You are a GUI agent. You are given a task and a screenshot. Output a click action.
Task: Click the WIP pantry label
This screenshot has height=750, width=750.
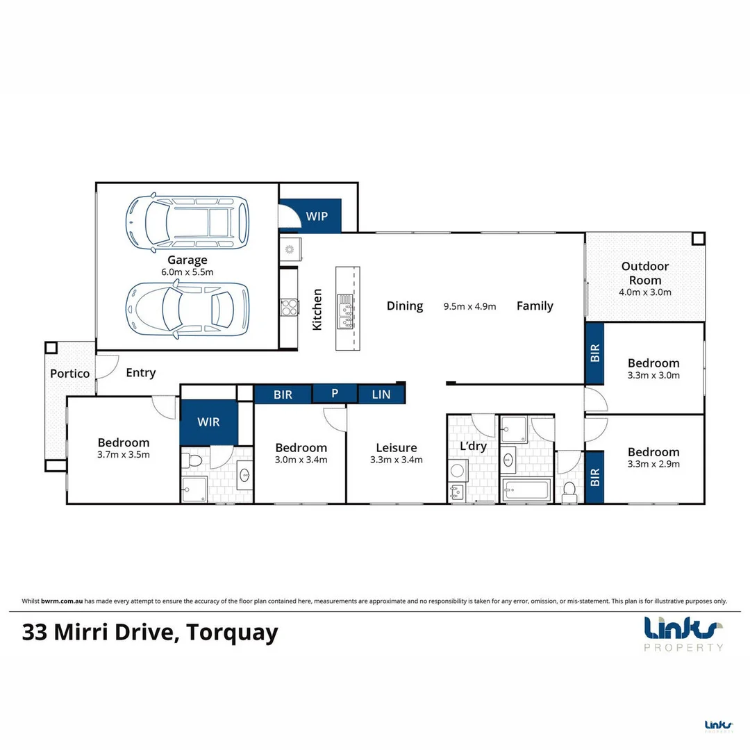click(x=317, y=216)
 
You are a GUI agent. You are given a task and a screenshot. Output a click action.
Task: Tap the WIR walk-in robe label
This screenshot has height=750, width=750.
click(x=208, y=422)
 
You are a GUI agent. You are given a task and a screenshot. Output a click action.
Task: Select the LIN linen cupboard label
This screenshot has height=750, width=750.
click(x=381, y=394)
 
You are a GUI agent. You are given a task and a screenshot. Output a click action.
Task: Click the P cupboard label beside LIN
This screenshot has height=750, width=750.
click(x=335, y=393)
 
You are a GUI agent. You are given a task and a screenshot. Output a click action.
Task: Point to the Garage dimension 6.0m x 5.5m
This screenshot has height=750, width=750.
click(x=187, y=272)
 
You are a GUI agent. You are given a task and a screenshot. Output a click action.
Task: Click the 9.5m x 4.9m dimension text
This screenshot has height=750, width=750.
click(x=469, y=307)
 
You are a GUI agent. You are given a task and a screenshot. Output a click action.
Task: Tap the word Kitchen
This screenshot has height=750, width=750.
click(x=317, y=310)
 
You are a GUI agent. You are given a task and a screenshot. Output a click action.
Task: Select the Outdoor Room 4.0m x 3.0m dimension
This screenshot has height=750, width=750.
click(x=644, y=292)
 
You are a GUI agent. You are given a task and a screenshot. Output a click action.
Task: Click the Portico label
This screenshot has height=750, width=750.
click(x=70, y=374)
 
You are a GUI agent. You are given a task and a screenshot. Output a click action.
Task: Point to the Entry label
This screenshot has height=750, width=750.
click(x=140, y=373)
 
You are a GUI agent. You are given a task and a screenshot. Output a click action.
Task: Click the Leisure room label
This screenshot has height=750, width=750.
click(x=396, y=448)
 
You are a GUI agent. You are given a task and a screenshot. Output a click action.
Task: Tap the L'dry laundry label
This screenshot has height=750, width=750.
click(x=473, y=447)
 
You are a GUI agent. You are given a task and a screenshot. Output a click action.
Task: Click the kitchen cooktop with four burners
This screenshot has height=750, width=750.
click(x=290, y=308)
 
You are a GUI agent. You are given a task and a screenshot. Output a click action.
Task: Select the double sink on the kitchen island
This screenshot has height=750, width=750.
click(x=345, y=311)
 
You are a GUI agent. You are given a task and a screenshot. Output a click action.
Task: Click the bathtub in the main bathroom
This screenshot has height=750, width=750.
click(x=526, y=490)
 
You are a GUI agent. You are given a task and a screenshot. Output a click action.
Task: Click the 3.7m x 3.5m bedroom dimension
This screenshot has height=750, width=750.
click(x=124, y=455)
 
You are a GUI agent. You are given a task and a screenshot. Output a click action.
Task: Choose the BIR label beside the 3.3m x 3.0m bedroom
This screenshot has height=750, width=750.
click(x=594, y=353)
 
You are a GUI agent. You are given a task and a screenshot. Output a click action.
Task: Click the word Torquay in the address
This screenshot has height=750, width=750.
click(x=232, y=633)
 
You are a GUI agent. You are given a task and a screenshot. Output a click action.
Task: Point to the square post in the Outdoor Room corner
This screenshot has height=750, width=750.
click(x=698, y=238)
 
